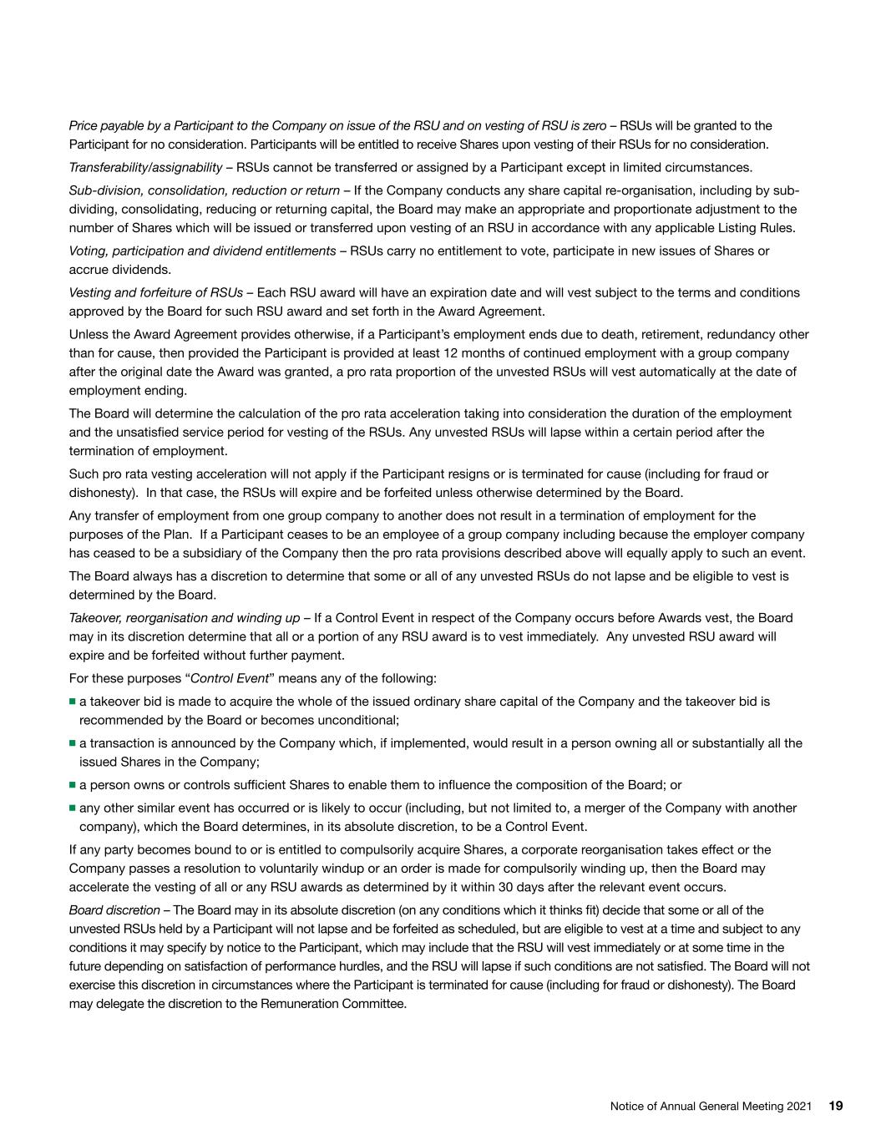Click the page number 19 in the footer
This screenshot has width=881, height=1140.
[836, 1106]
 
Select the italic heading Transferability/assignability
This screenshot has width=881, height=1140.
[145, 167]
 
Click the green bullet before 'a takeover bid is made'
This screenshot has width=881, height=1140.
[73, 702]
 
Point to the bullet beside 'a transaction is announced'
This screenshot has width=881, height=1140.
[73, 743]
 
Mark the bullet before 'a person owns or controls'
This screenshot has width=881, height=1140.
[73, 785]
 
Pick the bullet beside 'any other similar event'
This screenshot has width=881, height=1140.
[73, 808]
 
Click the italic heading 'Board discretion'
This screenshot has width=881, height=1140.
[114, 909]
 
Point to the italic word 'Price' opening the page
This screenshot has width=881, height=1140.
[83, 125]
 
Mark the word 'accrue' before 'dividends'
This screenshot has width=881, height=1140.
[88, 269]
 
